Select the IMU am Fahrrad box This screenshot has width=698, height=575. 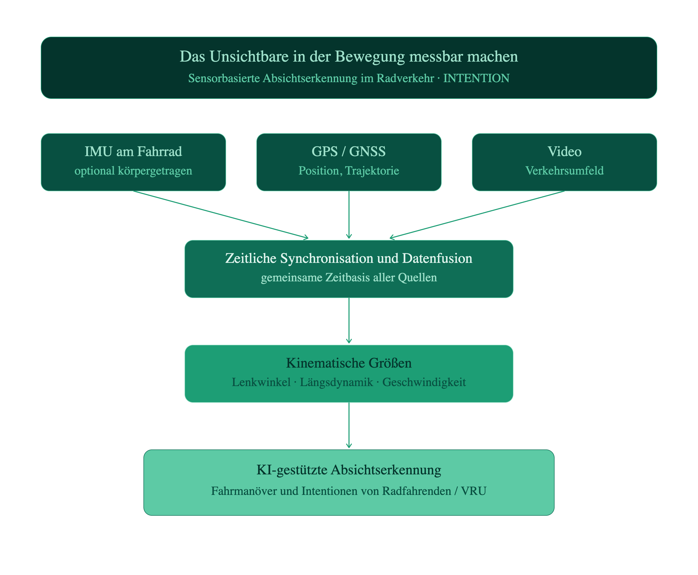point(133,162)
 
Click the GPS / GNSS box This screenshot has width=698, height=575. point(349,162)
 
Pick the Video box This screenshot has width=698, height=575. point(565,162)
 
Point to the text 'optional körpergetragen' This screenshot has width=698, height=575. point(133,171)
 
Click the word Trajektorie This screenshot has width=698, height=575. point(372,171)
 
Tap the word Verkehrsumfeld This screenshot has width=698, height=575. point(565,171)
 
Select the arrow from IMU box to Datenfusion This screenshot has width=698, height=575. point(221,215)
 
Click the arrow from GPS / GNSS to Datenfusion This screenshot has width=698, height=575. point(349,215)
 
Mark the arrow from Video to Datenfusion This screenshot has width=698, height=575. point(477,215)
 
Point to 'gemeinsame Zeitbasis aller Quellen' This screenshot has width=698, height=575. point(349,277)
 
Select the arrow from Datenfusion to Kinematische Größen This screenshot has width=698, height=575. point(349,321)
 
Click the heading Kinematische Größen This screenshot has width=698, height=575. point(349,363)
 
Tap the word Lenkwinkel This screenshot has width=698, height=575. point(261,382)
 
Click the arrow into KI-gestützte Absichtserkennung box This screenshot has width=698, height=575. point(349,425)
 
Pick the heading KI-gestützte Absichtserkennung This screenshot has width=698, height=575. point(349,470)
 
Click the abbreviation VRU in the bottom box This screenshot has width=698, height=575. point(473,491)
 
